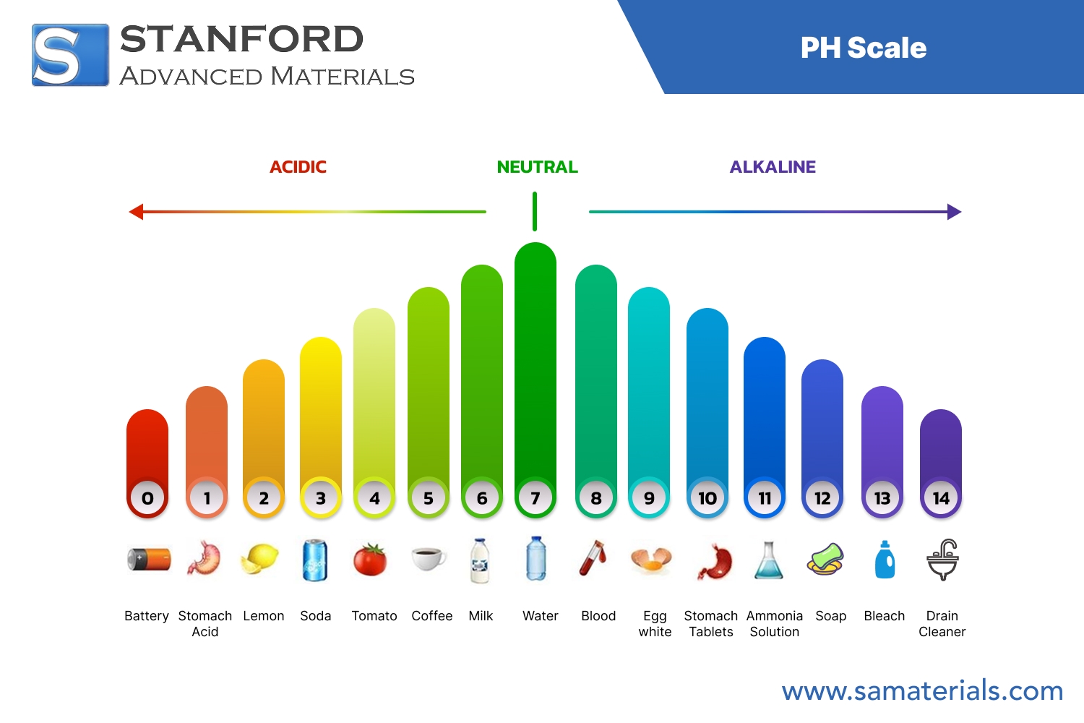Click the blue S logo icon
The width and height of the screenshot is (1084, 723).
pyautogui.click(x=70, y=55)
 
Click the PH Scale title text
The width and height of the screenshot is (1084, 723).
pyautogui.click(x=863, y=48)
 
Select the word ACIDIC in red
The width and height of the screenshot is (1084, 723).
pyautogui.click(x=298, y=167)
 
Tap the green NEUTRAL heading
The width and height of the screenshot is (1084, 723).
pyautogui.click(x=537, y=167)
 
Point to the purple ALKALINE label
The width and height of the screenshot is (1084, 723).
pyautogui.click(x=773, y=167)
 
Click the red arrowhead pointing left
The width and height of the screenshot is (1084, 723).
pyautogui.click(x=136, y=212)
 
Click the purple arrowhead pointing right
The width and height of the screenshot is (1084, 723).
pyautogui.click(x=954, y=212)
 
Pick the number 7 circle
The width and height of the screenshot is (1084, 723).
pyautogui.click(x=535, y=498)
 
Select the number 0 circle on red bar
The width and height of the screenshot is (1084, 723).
pyautogui.click(x=147, y=498)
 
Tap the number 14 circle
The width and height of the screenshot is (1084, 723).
pyautogui.click(x=941, y=498)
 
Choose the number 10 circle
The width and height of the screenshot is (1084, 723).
pyautogui.click(x=707, y=498)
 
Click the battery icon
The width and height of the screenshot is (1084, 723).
pyautogui.click(x=149, y=560)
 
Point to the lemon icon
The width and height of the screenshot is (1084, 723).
pyautogui.click(x=260, y=559)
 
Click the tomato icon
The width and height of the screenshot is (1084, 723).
pyautogui.click(x=370, y=560)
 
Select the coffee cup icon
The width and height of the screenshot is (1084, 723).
pyautogui.click(x=429, y=558)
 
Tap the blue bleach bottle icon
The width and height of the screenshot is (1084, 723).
pyautogui.click(x=885, y=560)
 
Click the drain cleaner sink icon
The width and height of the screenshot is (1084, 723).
pyautogui.click(x=942, y=560)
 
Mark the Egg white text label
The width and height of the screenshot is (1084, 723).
pyautogui.click(x=655, y=623)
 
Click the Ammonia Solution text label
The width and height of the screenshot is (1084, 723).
pyautogui.click(x=775, y=623)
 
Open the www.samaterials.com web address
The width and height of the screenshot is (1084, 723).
pyautogui.click(x=922, y=691)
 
